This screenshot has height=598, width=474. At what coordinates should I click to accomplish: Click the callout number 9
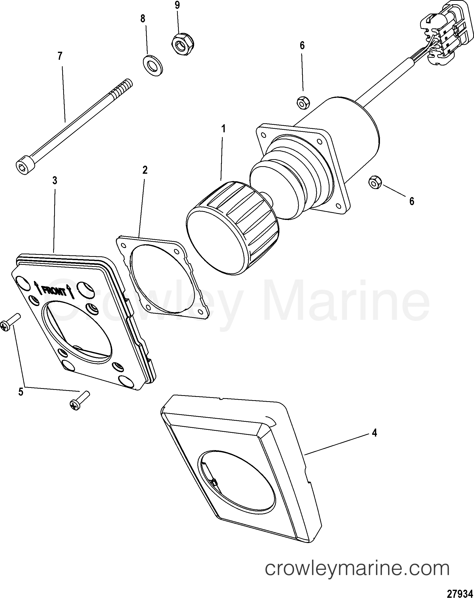pyautogui.click(x=177, y=5)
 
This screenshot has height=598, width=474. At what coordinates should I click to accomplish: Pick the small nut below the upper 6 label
pyautogui.click(x=303, y=103)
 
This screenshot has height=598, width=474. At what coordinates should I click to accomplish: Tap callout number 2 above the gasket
pyautogui.click(x=145, y=170)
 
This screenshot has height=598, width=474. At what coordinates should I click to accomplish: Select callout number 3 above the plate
pyautogui.click(x=55, y=181)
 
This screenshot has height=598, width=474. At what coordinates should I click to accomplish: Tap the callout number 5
pyautogui.click(x=21, y=392)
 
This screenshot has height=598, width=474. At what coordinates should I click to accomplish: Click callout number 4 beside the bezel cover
pyautogui.click(x=374, y=433)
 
